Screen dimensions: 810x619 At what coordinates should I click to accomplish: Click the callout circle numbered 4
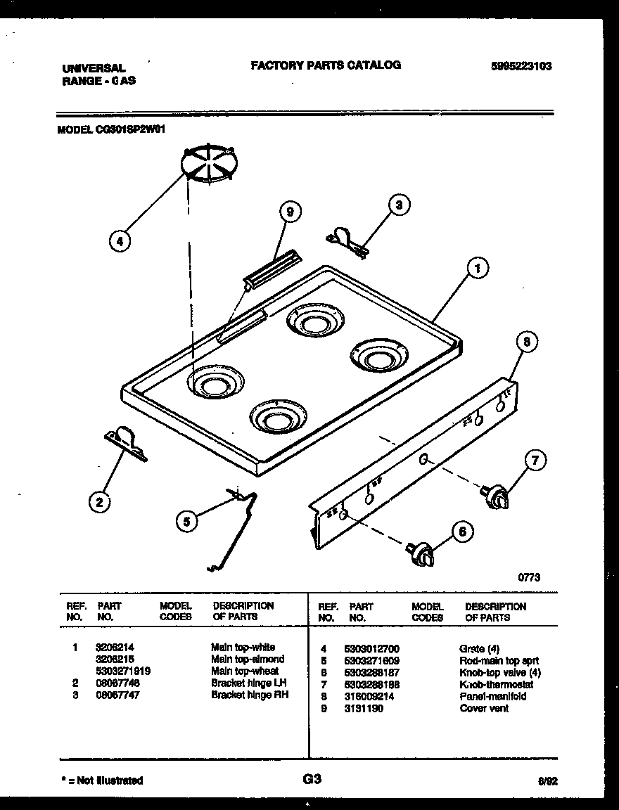click(120, 241)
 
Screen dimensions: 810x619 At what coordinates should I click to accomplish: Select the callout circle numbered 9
click(288, 212)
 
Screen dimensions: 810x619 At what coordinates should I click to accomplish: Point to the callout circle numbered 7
click(535, 461)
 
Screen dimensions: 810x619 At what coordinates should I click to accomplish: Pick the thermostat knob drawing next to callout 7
click(496, 496)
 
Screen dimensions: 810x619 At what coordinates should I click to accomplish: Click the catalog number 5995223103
click(521, 67)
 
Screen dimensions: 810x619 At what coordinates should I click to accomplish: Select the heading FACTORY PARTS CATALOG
click(326, 65)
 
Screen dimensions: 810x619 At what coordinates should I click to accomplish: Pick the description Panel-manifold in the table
click(493, 696)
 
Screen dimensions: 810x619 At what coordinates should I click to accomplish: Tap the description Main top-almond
click(247, 659)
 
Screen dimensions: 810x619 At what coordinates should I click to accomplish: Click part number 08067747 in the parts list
click(113, 695)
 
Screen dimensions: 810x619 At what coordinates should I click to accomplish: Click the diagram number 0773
click(529, 577)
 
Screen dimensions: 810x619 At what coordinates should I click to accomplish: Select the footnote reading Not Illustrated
click(103, 780)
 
